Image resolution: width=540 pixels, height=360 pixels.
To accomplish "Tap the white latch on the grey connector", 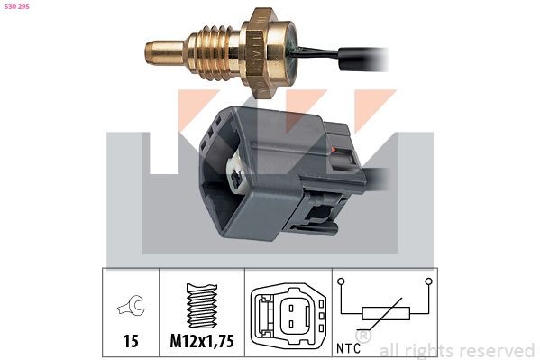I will [236, 176].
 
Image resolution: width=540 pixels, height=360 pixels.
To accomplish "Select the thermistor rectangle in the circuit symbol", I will [386, 314].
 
